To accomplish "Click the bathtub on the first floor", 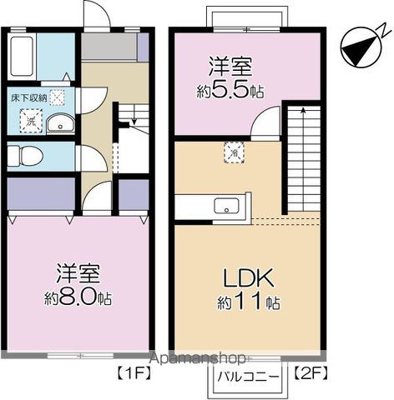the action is (x=23, y=57).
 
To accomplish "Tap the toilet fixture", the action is (x=24, y=156).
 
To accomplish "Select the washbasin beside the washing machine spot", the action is (x=60, y=124).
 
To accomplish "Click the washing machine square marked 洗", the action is (x=31, y=121).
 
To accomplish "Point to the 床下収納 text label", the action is (x=28, y=97).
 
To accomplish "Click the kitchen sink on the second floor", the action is (x=226, y=206).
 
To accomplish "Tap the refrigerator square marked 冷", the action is (x=235, y=152).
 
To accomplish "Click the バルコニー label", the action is (x=248, y=377).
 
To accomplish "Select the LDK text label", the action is (x=249, y=277).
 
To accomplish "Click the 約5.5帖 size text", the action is (x=230, y=91).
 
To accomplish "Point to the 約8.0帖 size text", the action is (x=78, y=298).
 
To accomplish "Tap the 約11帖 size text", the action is (x=249, y=302).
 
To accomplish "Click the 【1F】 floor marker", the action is (x=134, y=372).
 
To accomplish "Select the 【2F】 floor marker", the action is (x=311, y=372).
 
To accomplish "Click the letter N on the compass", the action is (x=384, y=31).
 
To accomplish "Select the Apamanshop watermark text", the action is (x=197, y=358).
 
